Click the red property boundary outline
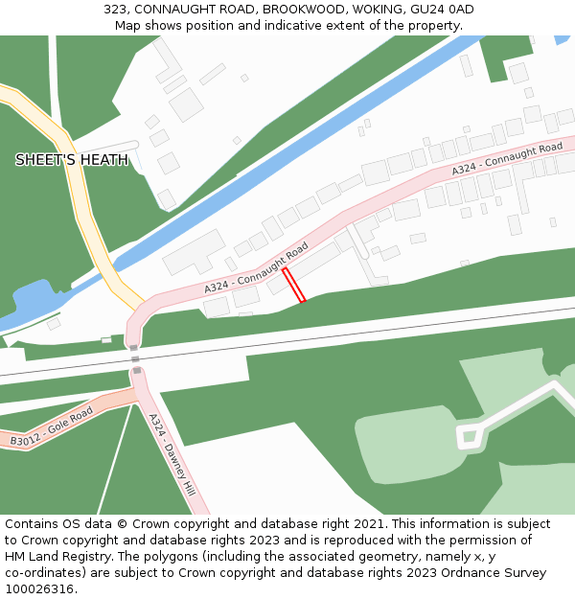294,285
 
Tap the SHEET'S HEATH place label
72,160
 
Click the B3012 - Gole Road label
52,427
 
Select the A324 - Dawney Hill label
172,454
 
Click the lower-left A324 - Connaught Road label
256,267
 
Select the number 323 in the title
115,10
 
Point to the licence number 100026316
38,589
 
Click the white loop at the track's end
469,438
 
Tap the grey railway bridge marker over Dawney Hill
136,370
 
